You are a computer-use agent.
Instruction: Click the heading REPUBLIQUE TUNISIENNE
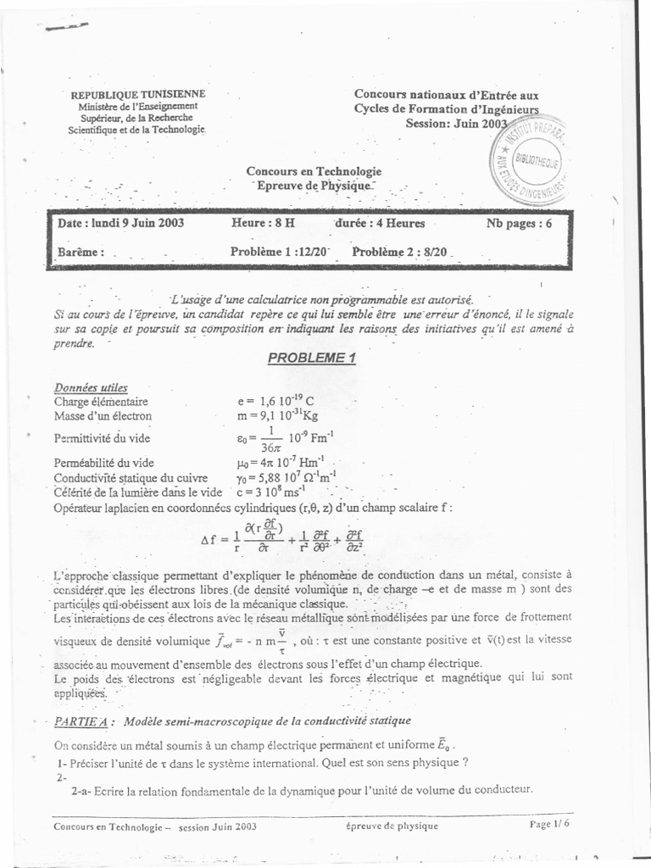tap(136, 94)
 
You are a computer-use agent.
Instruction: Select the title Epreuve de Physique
tap(314, 186)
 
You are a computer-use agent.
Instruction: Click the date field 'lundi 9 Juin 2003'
tap(121, 224)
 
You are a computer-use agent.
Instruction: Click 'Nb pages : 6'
tap(519, 224)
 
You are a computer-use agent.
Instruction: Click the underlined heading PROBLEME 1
tap(312, 358)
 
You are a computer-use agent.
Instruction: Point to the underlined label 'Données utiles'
tap(91, 387)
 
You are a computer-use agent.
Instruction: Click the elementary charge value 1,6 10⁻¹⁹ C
tap(275, 401)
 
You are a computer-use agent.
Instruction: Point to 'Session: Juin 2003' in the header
tap(448, 123)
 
